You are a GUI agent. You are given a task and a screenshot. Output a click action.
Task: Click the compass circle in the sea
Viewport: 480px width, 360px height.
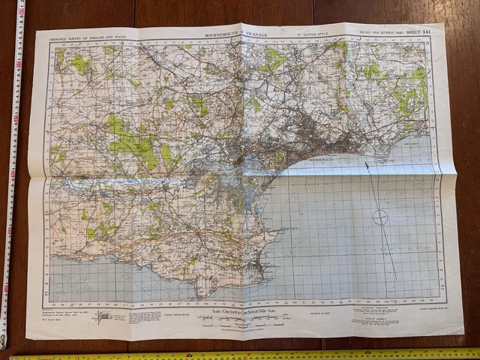pos(380,218)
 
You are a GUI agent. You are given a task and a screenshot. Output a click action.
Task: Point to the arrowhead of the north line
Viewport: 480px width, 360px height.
pos(367,164)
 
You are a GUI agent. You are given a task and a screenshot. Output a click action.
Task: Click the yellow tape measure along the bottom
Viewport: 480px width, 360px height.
pos(247,354)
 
